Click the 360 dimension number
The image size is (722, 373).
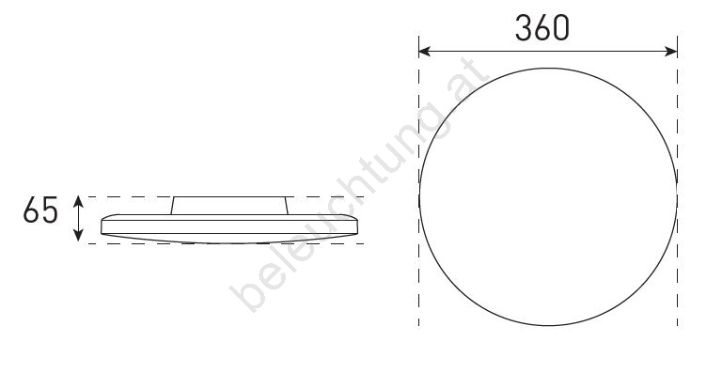(541, 28)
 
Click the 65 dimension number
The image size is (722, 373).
(40, 210)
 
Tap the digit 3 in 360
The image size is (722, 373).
(523, 28)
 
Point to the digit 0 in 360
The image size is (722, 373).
(561, 28)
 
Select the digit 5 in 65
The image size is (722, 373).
(50, 210)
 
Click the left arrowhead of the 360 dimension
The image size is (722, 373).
(424, 51)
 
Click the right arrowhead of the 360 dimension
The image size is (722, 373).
(672, 51)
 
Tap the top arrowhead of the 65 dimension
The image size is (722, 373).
(78, 201)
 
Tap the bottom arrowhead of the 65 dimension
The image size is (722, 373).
(78, 236)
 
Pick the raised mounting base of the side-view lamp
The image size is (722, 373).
(229, 206)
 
